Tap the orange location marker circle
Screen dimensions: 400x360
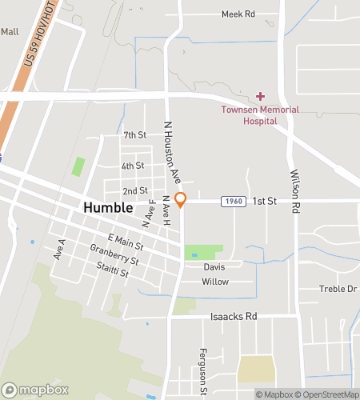(x=181, y=198)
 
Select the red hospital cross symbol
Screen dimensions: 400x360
(x=260, y=96)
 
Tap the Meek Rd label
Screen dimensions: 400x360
(x=238, y=14)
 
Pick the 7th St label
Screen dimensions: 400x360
(x=134, y=134)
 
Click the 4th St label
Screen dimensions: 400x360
(x=132, y=166)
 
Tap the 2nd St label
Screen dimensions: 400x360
(x=135, y=190)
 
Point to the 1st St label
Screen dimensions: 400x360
(x=265, y=202)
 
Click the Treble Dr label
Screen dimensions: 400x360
(x=338, y=289)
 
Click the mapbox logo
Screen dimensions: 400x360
(x=35, y=390)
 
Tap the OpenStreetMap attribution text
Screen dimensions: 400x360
(x=328, y=394)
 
